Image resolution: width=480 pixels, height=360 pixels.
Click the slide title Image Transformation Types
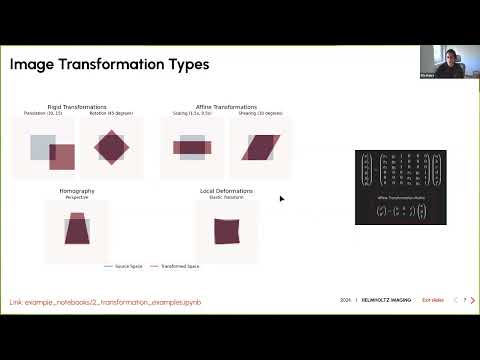[109, 65]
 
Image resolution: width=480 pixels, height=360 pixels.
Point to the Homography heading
[77, 190]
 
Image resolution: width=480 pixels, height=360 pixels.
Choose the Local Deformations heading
[227, 190]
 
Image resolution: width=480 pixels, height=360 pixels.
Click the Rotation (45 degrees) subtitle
[112, 113]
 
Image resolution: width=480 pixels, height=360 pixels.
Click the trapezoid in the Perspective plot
[77, 231]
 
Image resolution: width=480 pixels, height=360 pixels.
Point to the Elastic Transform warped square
[227, 231]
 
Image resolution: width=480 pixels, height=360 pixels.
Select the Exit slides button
[432, 300]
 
